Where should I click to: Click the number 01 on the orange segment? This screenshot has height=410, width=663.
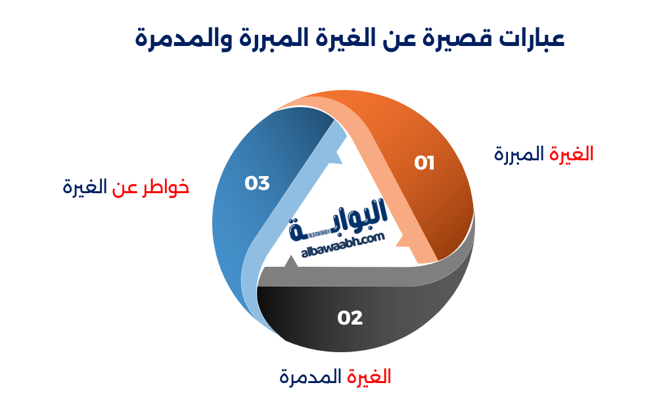[x=424, y=163]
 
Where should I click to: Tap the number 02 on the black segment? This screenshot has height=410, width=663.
[x=350, y=318]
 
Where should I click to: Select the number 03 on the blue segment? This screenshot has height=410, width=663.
[x=257, y=183]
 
